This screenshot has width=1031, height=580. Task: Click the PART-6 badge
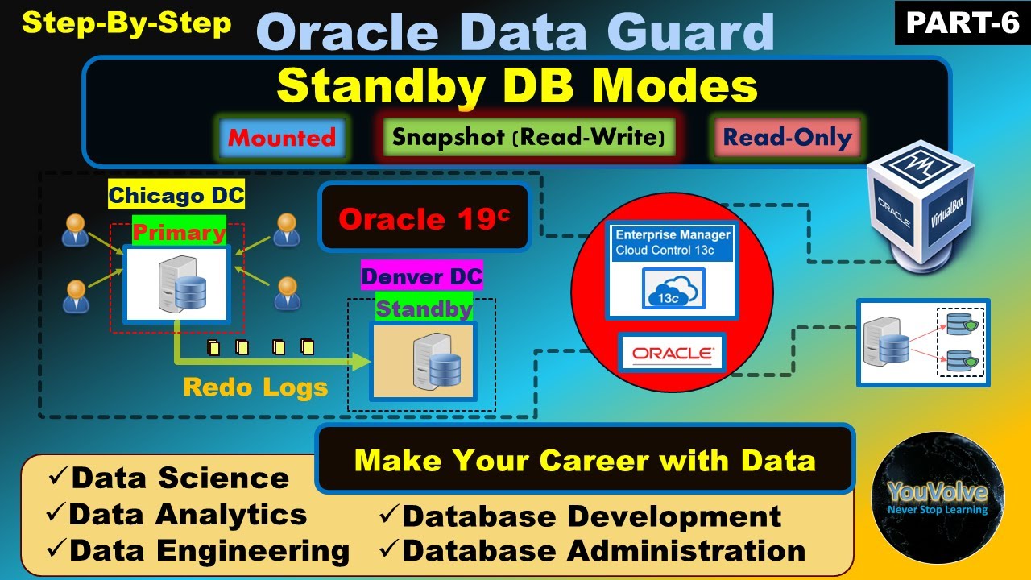tap(963, 23)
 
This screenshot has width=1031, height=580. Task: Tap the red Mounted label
tap(281, 137)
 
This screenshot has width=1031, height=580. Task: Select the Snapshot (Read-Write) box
tap(528, 137)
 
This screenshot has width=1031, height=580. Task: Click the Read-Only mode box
tap(786, 137)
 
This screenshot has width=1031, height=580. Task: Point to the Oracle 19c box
tap(424, 218)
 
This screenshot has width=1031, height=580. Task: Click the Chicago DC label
tap(176, 195)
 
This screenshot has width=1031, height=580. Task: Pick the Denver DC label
tap(421, 277)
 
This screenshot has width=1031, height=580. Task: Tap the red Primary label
tap(179, 233)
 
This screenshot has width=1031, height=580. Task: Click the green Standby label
tap(424, 309)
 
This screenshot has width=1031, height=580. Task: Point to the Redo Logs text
tap(255, 387)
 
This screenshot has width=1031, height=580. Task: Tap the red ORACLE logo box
tap(672, 353)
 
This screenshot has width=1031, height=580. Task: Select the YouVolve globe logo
tap(938, 497)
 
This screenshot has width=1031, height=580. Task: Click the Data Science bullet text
tap(179, 478)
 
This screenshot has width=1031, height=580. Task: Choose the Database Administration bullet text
tap(602, 551)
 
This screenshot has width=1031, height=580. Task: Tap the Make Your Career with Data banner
tap(585, 460)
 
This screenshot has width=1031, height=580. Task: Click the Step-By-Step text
tap(126, 23)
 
